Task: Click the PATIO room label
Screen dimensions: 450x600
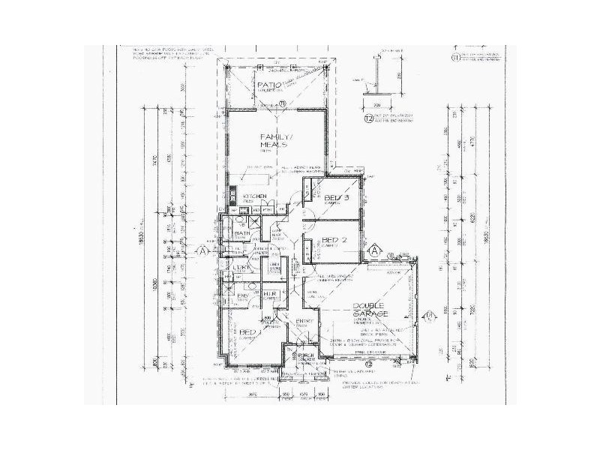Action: pos(268,86)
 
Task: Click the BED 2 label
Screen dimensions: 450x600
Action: pos(331,241)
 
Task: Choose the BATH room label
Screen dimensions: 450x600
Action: pos(241,234)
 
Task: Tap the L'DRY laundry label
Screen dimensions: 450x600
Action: pos(241,268)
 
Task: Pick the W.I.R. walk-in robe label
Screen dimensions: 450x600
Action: pos(270,293)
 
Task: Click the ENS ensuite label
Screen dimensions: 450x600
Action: pos(242,297)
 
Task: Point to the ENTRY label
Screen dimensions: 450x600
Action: pos(304,322)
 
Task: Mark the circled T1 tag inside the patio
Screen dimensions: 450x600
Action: pos(282,103)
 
